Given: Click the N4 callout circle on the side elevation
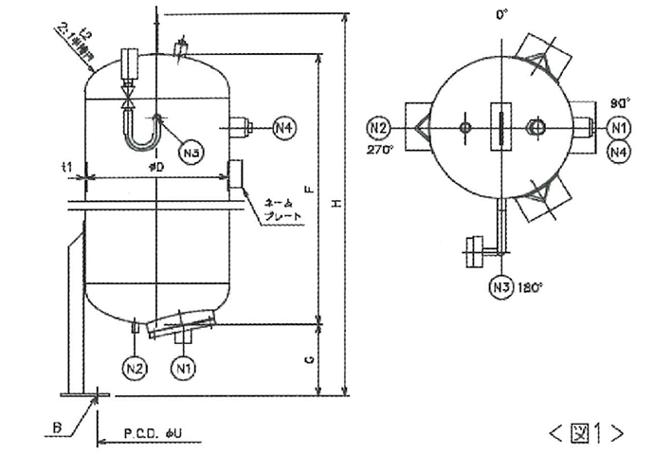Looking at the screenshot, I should pos(285,127).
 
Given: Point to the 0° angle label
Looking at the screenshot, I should pos(502,14).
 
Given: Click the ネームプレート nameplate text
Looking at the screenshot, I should pos(283,209).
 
